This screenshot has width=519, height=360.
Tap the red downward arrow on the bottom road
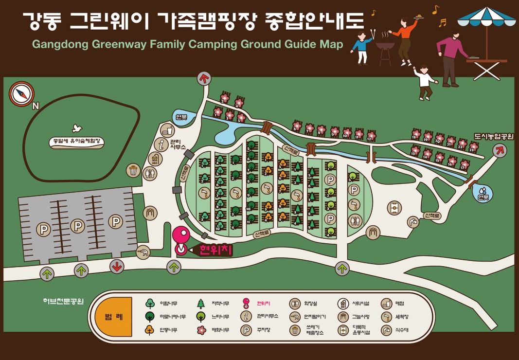[116, 267]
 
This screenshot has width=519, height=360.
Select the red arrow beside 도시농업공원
[499, 151]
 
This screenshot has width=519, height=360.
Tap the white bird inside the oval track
[76, 128]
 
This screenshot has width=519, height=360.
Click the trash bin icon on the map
[133, 170]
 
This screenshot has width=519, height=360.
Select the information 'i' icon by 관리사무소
[161, 144]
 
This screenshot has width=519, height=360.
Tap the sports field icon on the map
[394, 208]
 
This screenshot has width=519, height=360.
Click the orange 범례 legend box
[113, 316]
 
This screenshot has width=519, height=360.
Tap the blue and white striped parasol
[487, 17]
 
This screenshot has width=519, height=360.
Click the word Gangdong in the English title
[54, 44]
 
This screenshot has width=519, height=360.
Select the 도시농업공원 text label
[493, 136]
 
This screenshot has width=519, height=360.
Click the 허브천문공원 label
[63, 301]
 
